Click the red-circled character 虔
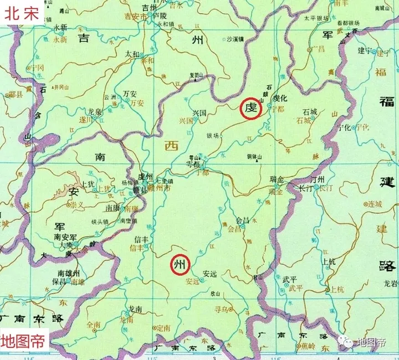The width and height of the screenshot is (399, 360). (250, 107)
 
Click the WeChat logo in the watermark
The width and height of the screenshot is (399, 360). (348, 342)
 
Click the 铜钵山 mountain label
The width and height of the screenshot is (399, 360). (255, 157)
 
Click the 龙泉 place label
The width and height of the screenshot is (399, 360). (95, 111)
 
